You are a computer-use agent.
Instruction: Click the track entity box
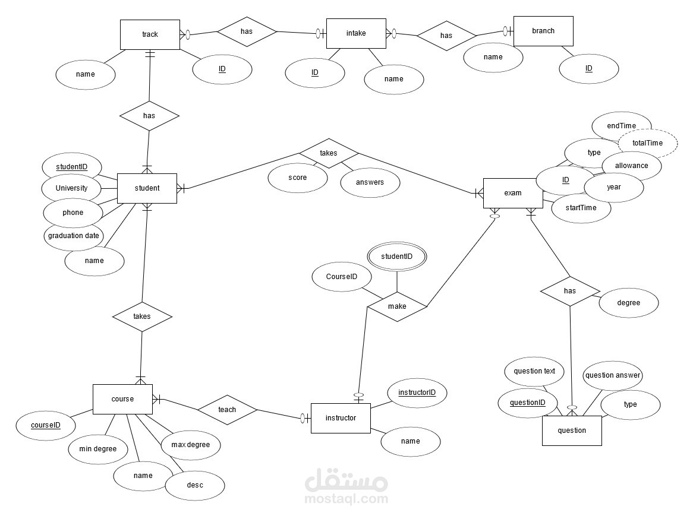150,34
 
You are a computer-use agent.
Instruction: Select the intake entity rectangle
356,33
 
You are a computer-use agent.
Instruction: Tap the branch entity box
543,31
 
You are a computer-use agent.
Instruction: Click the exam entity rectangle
513,193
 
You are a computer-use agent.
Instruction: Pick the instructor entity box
341,418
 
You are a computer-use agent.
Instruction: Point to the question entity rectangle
572,430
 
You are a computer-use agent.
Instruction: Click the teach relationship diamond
227,410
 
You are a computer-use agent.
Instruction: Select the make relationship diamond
397,306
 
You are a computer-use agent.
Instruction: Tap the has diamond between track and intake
247,31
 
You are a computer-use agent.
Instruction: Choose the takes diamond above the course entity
142,316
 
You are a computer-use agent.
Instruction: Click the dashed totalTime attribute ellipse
647,143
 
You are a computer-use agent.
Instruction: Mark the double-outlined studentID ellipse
397,257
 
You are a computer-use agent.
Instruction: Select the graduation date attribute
73,236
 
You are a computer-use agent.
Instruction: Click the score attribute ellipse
297,178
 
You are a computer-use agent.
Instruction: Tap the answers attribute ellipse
370,182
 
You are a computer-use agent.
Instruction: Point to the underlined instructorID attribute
417,392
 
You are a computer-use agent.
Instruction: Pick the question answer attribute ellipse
613,375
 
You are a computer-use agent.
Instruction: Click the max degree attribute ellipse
191,445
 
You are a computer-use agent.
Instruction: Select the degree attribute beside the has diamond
628,303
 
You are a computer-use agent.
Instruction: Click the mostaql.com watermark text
346,499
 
